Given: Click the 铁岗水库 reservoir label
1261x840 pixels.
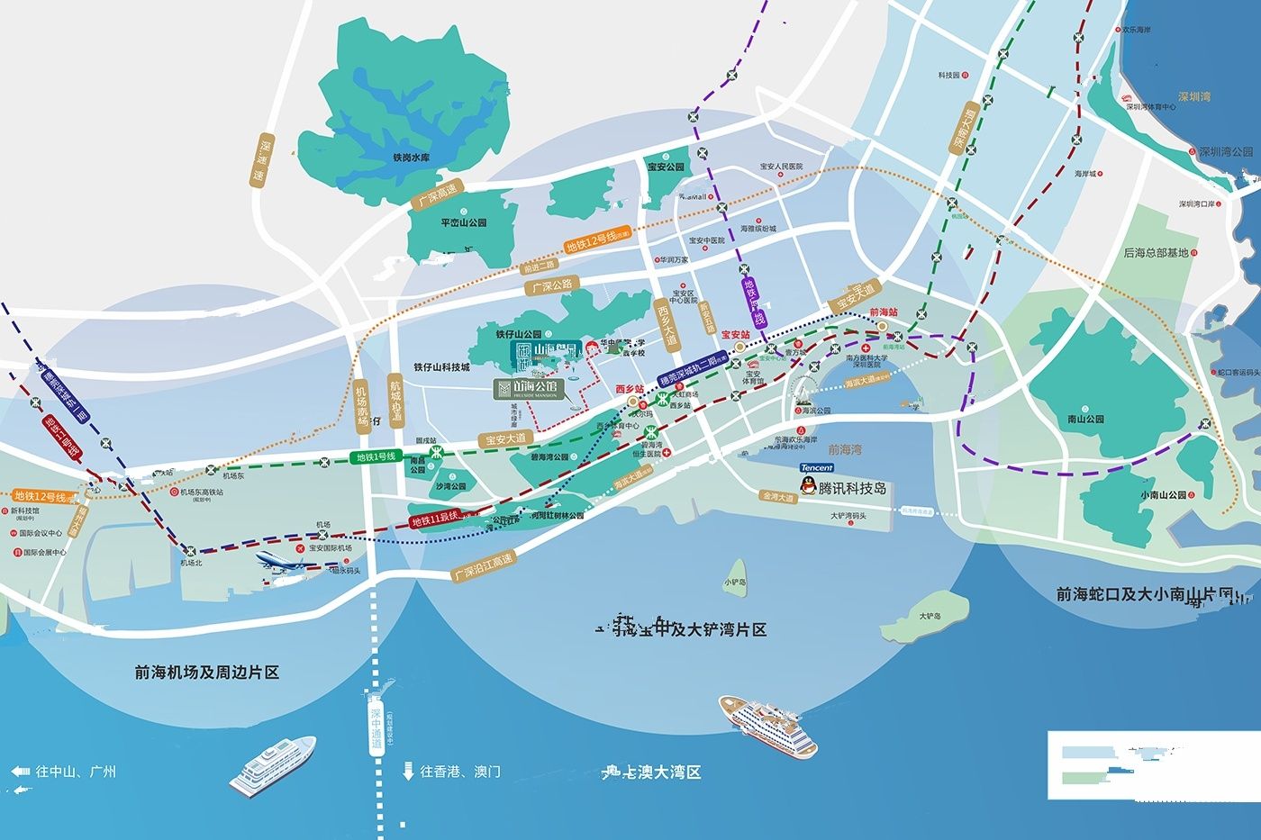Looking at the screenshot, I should pos(411,158).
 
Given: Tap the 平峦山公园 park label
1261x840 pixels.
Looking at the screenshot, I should pos(463,222).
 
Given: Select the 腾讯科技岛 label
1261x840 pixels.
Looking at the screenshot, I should pos(852,488).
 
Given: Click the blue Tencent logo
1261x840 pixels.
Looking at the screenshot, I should pos(817,467).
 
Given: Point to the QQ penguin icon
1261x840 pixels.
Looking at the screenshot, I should pos(809,488).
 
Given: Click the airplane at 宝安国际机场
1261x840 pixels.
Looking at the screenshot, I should pos(286,563).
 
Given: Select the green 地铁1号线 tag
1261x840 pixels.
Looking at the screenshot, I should pos(376,457).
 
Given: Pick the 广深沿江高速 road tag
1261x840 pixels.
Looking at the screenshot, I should pos(483,566).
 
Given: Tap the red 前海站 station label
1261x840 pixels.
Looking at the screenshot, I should pos(884,312).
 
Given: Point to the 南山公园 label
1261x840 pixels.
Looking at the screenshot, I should pos(1084,419).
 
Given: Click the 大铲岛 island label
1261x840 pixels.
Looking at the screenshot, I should pos(930,616).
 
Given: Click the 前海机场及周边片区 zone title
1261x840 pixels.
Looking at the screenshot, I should pos(207,672).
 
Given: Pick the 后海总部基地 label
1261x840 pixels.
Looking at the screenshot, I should pos(1156,253).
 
